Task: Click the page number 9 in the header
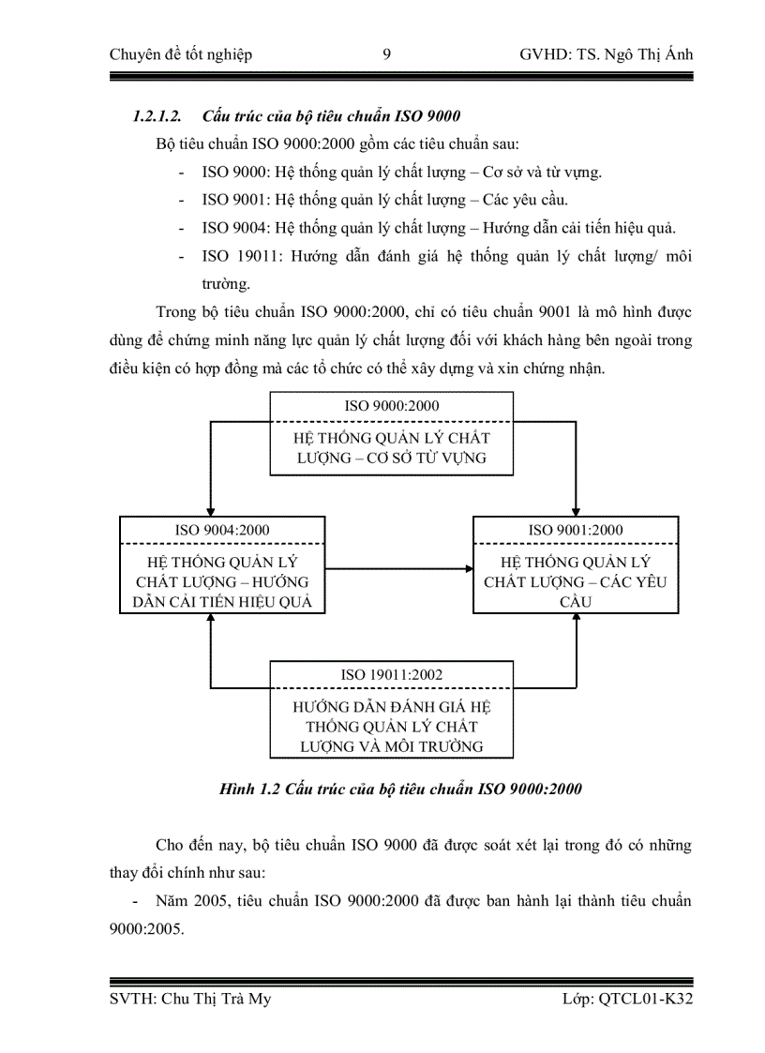click(387, 54)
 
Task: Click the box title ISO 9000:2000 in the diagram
click(391, 406)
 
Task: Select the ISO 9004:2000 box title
click(222, 530)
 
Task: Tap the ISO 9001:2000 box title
click(576, 530)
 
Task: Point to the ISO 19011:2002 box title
click(391, 674)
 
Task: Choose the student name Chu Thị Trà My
click(215, 1000)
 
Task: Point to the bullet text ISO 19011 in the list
click(235, 256)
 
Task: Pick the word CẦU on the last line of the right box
click(576, 602)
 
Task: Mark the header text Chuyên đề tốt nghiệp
click(181, 54)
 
